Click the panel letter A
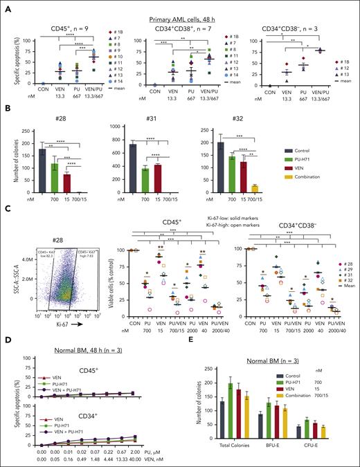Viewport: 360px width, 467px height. pyautogui.click(x=6, y=6)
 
